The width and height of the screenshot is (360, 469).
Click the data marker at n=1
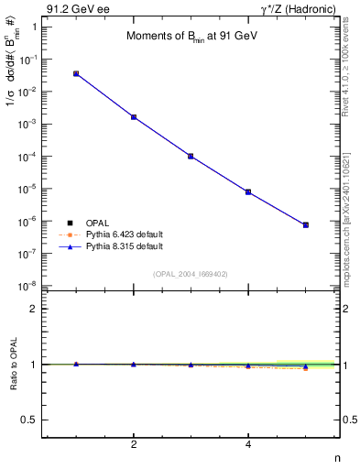pos(76,73)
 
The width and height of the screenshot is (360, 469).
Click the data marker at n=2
pos(134,117)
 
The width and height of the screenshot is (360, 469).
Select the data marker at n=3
pos(191,157)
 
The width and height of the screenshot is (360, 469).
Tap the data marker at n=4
pos(248,192)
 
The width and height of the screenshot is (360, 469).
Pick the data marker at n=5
pos(306,224)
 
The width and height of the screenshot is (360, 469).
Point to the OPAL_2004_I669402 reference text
pos(190,273)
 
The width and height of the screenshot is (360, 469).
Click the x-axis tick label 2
pos(134,445)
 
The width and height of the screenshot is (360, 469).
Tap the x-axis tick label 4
pos(248,445)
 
